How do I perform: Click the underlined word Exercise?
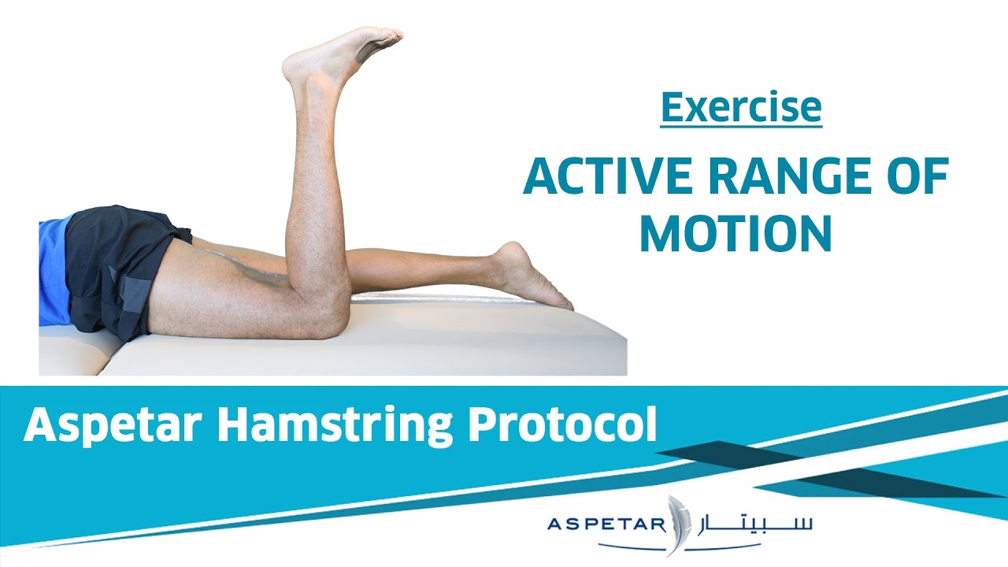pos(741,108)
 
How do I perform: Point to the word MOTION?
pos(736,233)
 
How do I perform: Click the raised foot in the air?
pos(339,55)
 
